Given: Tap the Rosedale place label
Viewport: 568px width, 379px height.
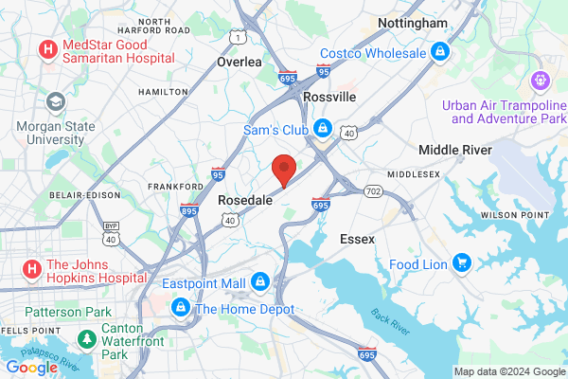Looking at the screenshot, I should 246,201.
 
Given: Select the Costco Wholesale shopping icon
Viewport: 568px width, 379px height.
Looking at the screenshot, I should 439,52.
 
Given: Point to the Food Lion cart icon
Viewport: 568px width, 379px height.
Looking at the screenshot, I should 463,263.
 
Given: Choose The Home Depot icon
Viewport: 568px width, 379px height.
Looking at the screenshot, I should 180,309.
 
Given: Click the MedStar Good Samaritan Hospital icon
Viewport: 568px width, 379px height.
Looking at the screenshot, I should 45,49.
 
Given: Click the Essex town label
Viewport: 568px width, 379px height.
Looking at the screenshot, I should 358,240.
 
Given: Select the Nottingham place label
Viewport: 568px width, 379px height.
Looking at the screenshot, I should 413,23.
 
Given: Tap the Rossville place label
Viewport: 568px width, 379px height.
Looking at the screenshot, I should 329,97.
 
